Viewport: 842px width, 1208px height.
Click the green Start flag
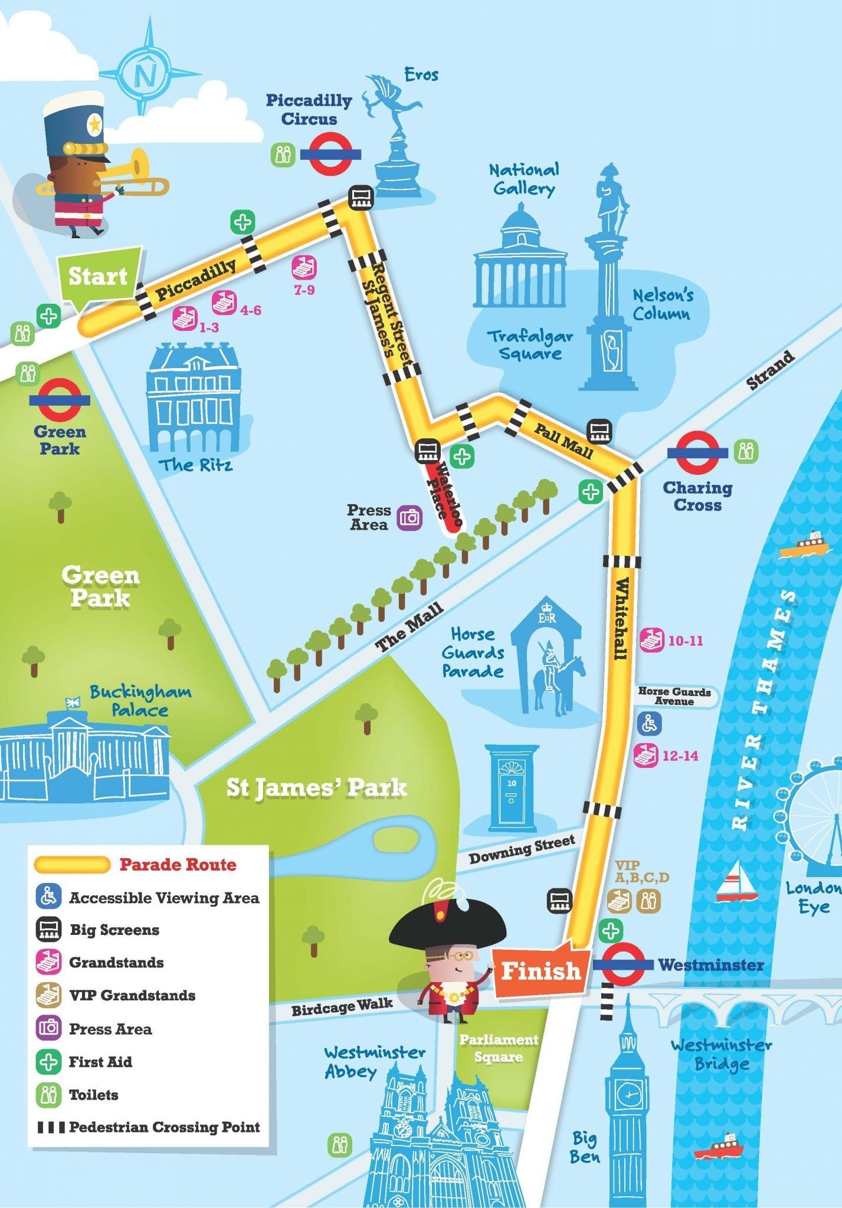coord(99,275)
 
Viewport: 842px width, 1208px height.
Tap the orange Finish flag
coord(540,970)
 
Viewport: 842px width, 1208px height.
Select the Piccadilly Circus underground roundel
coord(330,155)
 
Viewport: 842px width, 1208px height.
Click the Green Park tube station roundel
coord(60,400)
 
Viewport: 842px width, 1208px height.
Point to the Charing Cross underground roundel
coord(697,452)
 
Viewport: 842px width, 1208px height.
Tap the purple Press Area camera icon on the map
coord(409,518)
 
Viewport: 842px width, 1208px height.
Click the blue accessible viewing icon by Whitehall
coord(649,723)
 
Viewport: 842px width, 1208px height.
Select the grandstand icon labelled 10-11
coord(653,640)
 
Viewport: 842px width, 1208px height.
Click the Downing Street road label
coord(521,849)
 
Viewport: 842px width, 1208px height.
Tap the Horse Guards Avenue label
coord(674,696)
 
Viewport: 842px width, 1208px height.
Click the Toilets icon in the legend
coord(48,1095)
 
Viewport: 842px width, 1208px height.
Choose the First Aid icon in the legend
coord(48,1062)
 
